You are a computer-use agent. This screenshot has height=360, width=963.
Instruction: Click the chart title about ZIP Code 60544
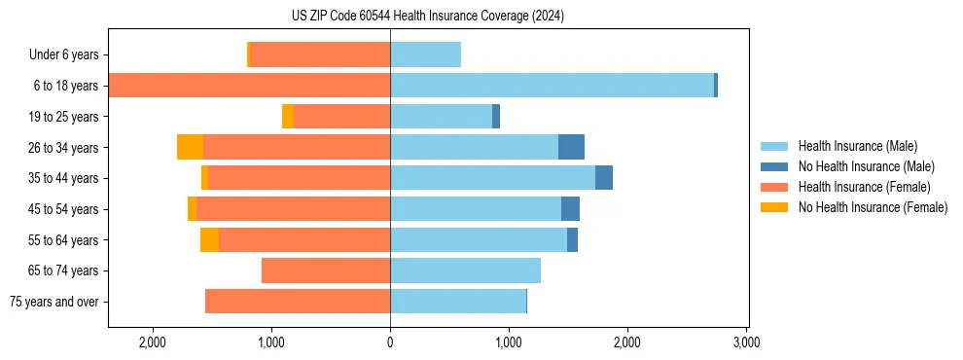tap(427, 17)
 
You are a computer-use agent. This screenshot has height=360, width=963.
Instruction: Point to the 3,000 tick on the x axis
tap(746, 342)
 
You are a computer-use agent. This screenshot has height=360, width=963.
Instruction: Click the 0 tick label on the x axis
tap(390, 342)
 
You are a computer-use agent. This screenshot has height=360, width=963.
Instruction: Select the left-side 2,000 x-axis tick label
tap(153, 342)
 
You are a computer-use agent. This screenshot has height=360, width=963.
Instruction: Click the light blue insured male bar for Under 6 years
tap(425, 55)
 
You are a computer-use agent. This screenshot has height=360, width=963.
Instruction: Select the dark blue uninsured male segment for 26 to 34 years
tap(571, 147)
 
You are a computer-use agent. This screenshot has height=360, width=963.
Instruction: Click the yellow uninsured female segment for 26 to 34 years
tap(190, 147)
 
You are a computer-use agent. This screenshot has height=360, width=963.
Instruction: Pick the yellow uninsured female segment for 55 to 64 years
tap(209, 239)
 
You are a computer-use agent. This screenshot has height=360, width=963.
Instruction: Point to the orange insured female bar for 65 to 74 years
tap(326, 270)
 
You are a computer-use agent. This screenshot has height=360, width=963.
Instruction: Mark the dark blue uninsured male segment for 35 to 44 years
tap(604, 178)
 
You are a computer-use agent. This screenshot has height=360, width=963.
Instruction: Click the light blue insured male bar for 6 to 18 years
tap(552, 86)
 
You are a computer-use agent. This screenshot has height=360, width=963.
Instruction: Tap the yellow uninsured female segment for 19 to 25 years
tap(288, 117)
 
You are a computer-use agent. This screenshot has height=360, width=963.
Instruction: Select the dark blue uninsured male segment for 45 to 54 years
tap(570, 209)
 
